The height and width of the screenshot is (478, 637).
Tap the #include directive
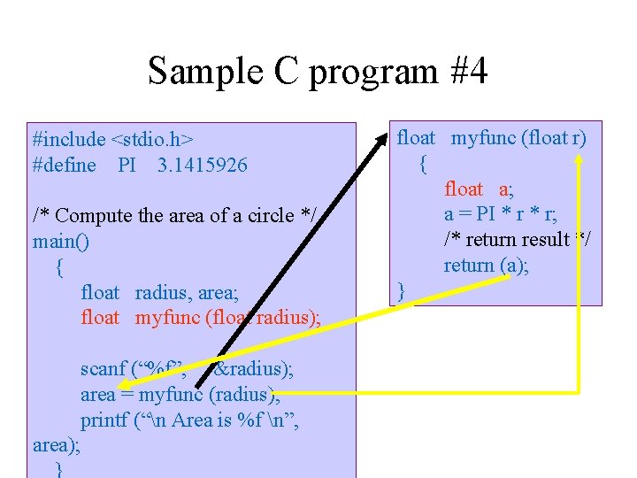click(x=68, y=140)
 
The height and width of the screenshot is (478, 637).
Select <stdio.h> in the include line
click(x=152, y=140)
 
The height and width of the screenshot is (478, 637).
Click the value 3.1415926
click(x=203, y=166)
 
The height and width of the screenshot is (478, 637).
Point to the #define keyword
click(x=64, y=166)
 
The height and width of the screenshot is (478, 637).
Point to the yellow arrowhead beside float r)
click(x=579, y=161)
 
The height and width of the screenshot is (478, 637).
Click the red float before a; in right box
click(x=464, y=189)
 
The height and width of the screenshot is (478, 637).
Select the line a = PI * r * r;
click(x=500, y=214)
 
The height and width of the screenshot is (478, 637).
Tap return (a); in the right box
click(x=486, y=266)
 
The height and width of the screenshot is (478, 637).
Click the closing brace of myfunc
click(x=402, y=290)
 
